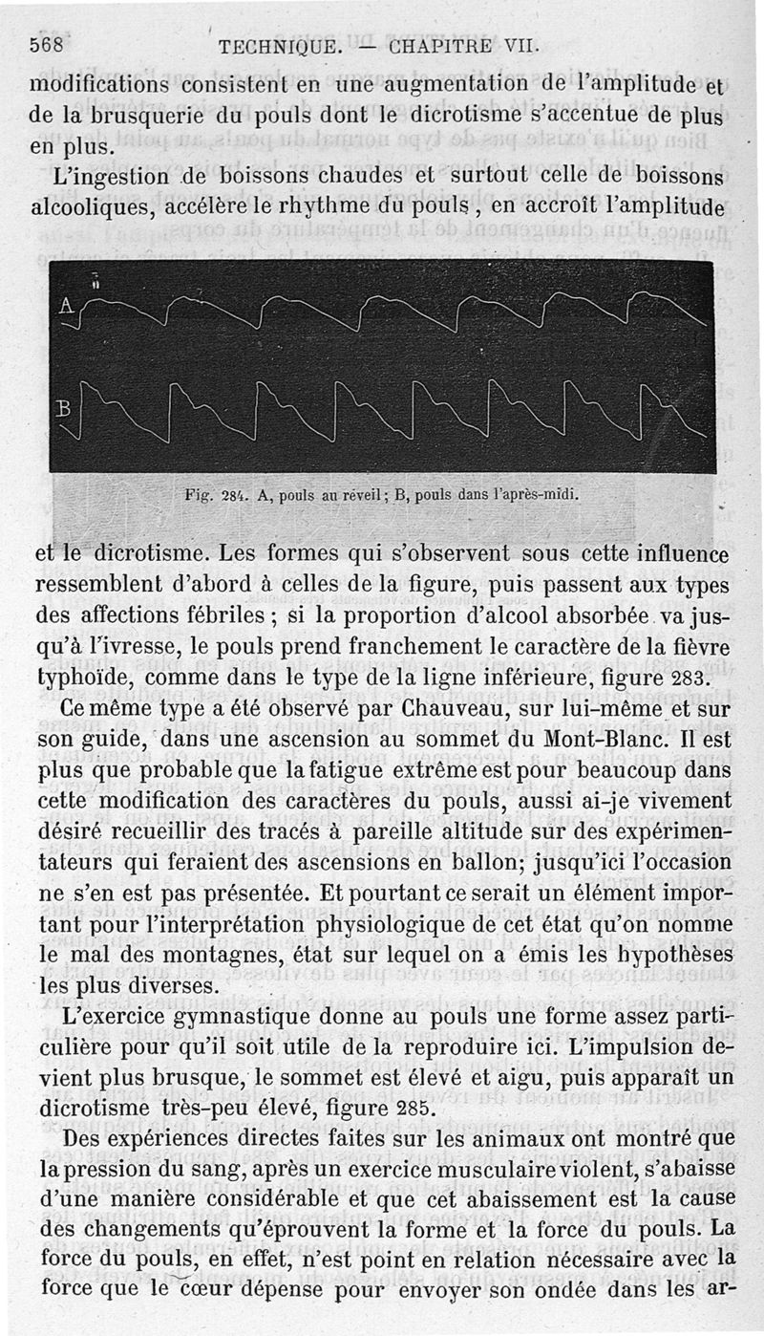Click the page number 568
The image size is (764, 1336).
coord(47,44)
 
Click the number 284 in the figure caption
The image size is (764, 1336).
coord(235,496)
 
